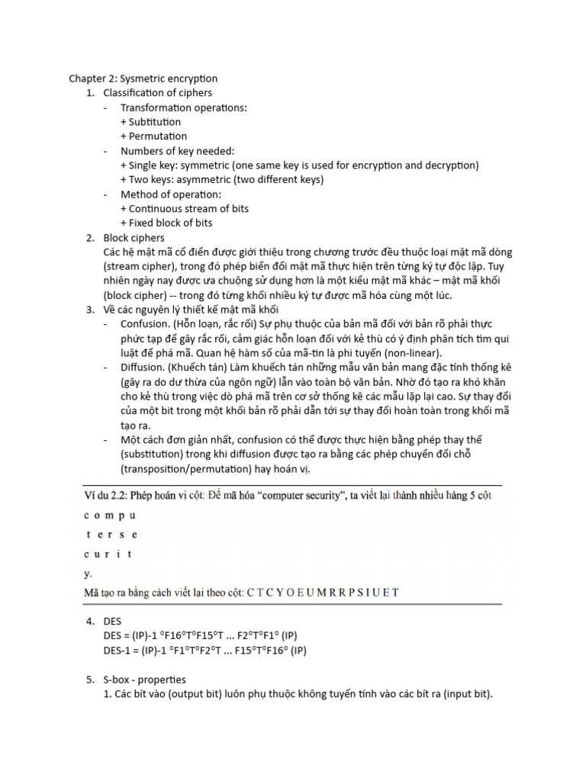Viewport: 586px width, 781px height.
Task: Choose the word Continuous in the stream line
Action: pyautogui.click(x=157, y=209)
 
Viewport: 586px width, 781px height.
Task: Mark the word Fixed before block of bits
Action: pyautogui.click(x=143, y=223)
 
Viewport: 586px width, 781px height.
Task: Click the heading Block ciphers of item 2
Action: pyautogui.click(x=134, y=238)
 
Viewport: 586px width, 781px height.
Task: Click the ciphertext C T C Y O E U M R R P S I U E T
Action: pyautogui.click(x=324, y=593)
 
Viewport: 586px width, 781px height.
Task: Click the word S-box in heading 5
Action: pyautogui.click(x=118, y=680)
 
